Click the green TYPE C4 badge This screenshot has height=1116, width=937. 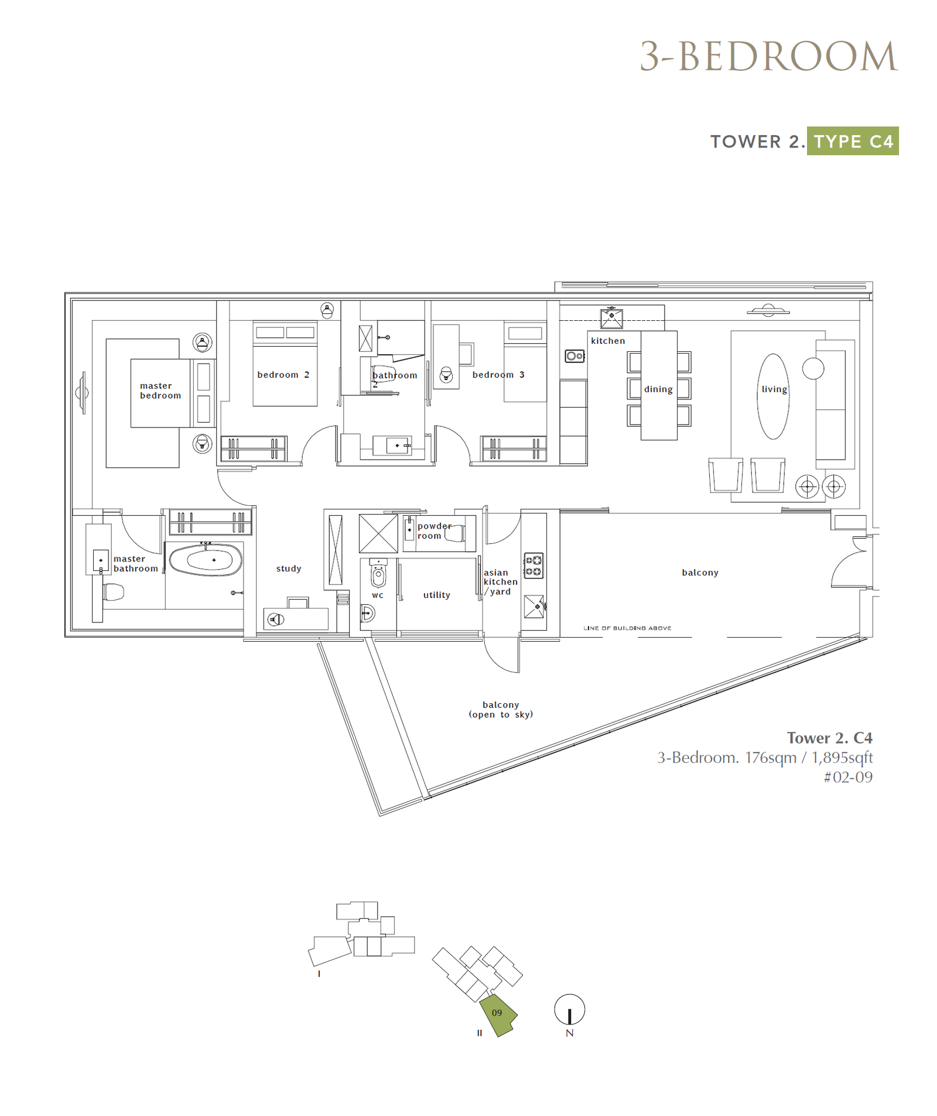(x=853, y=141)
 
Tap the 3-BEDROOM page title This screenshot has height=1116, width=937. (x=768, y=56)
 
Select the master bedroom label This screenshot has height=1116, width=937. (x=160, y=391)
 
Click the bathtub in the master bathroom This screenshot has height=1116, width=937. (x=206, y=560)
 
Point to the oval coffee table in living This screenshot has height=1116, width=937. (x=773, y=396)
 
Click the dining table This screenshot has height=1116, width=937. (x=659, y=385)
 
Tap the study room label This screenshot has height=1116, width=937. (x=289, y=569)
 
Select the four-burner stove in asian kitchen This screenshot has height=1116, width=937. (x=533, y=566)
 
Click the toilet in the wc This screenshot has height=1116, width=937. (x=378, y=573)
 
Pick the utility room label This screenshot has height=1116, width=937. (x=437, y=595)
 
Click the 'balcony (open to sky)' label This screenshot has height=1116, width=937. (x=501, y=709)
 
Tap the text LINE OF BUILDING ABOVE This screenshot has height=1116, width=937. (x=627, y=628)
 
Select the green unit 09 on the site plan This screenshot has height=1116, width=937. (x=498, y=1015)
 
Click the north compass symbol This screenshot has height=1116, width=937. (x=569, y=1009)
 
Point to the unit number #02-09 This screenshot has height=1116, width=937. (x=848, y=777)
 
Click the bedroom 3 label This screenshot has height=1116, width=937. (x=498, y=375)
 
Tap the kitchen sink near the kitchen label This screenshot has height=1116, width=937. (x=611, y=318)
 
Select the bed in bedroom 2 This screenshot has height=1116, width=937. (x=285, y=364)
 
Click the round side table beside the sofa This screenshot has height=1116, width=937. (x=813, y=368)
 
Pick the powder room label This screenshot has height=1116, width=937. (x=434, y=531)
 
